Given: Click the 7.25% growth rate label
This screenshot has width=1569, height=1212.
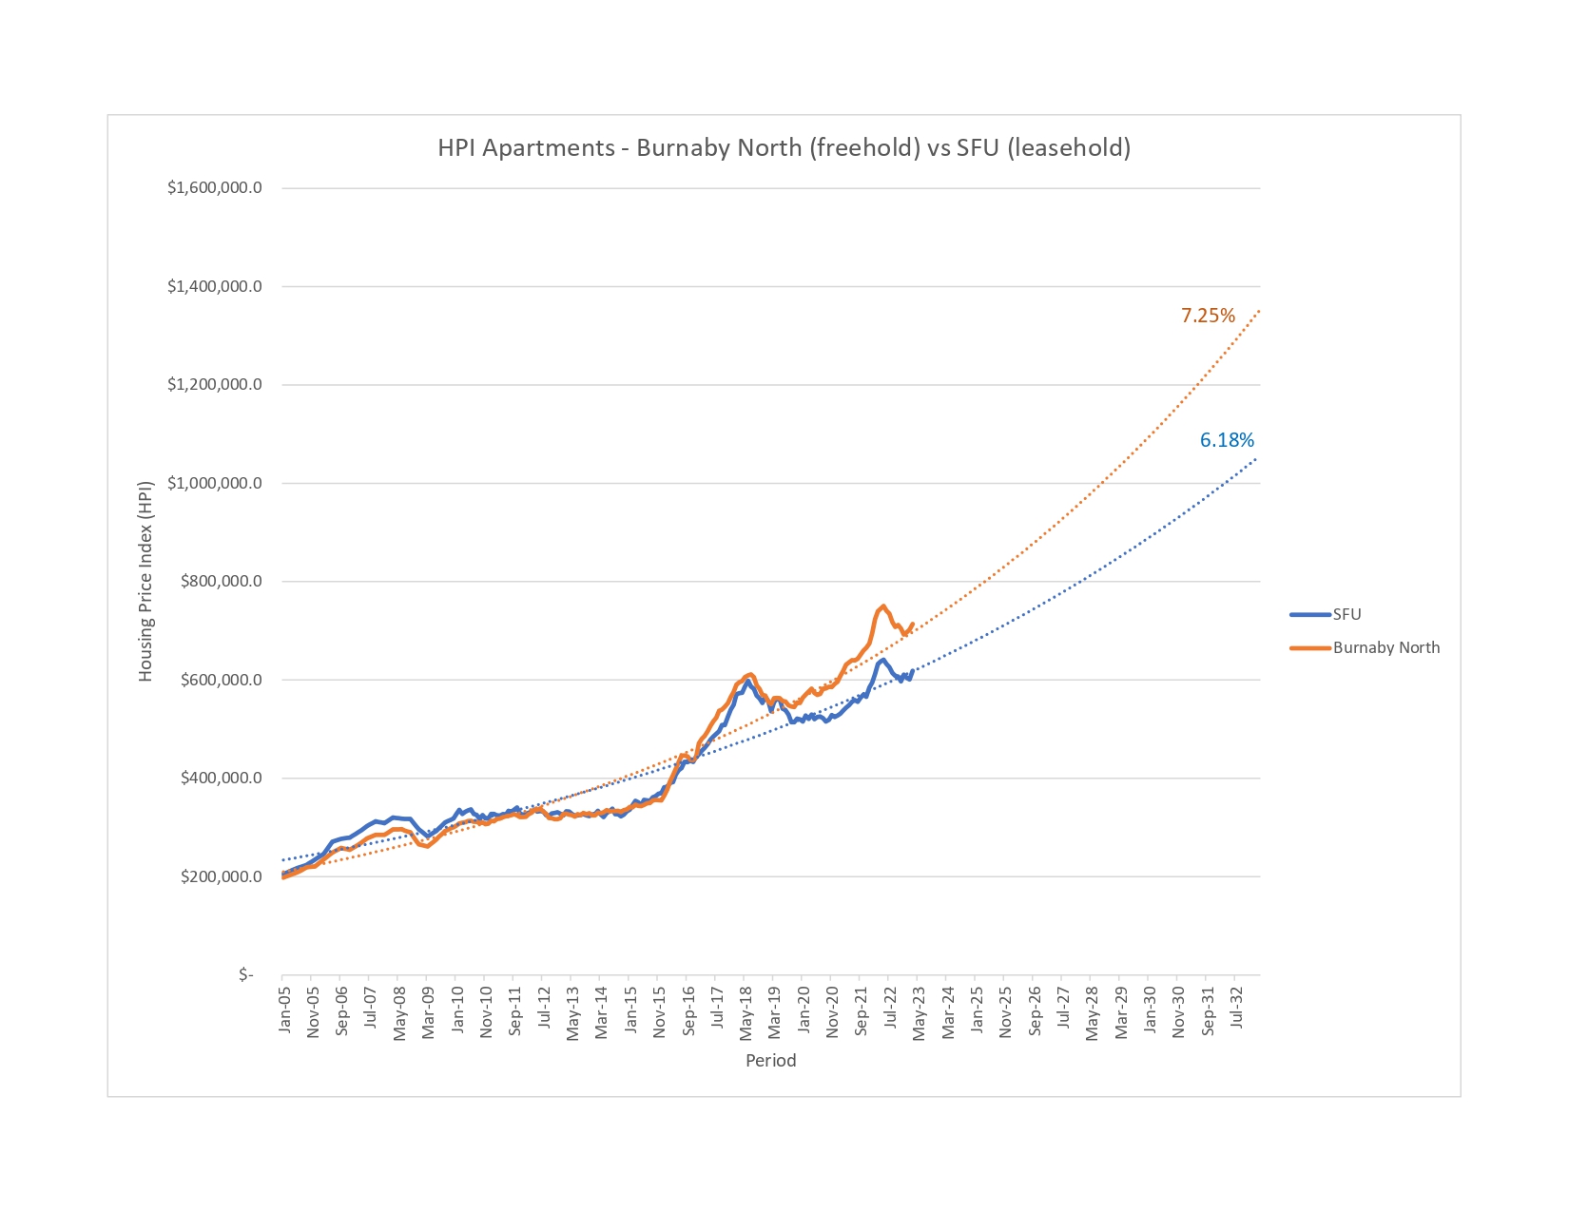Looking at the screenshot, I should coord(1208,316).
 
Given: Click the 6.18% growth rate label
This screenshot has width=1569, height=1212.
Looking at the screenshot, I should coord(1227,440).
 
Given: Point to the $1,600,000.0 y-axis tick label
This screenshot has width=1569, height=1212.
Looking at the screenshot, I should coord(215,187).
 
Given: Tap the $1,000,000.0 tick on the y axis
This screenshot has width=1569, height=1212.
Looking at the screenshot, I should coord(215,483).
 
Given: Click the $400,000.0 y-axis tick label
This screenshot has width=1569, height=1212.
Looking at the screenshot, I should coord(222,778).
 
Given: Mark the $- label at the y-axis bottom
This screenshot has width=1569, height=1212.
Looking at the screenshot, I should coord(246,974).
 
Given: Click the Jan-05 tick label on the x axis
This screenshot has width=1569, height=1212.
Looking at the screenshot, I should coord(284,1010).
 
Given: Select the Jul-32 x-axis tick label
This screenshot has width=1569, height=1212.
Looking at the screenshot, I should coord(1236,1009).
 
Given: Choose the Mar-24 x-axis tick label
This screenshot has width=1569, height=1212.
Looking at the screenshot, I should coord(948,1012).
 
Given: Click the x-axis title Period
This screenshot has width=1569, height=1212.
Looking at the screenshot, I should coord(770,1060).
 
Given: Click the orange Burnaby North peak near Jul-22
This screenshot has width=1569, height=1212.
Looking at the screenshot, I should coord(883,606).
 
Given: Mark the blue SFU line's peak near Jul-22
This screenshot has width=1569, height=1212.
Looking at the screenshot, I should coord(883,660).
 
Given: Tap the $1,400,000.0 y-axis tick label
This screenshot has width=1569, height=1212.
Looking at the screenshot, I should coord(215,286).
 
